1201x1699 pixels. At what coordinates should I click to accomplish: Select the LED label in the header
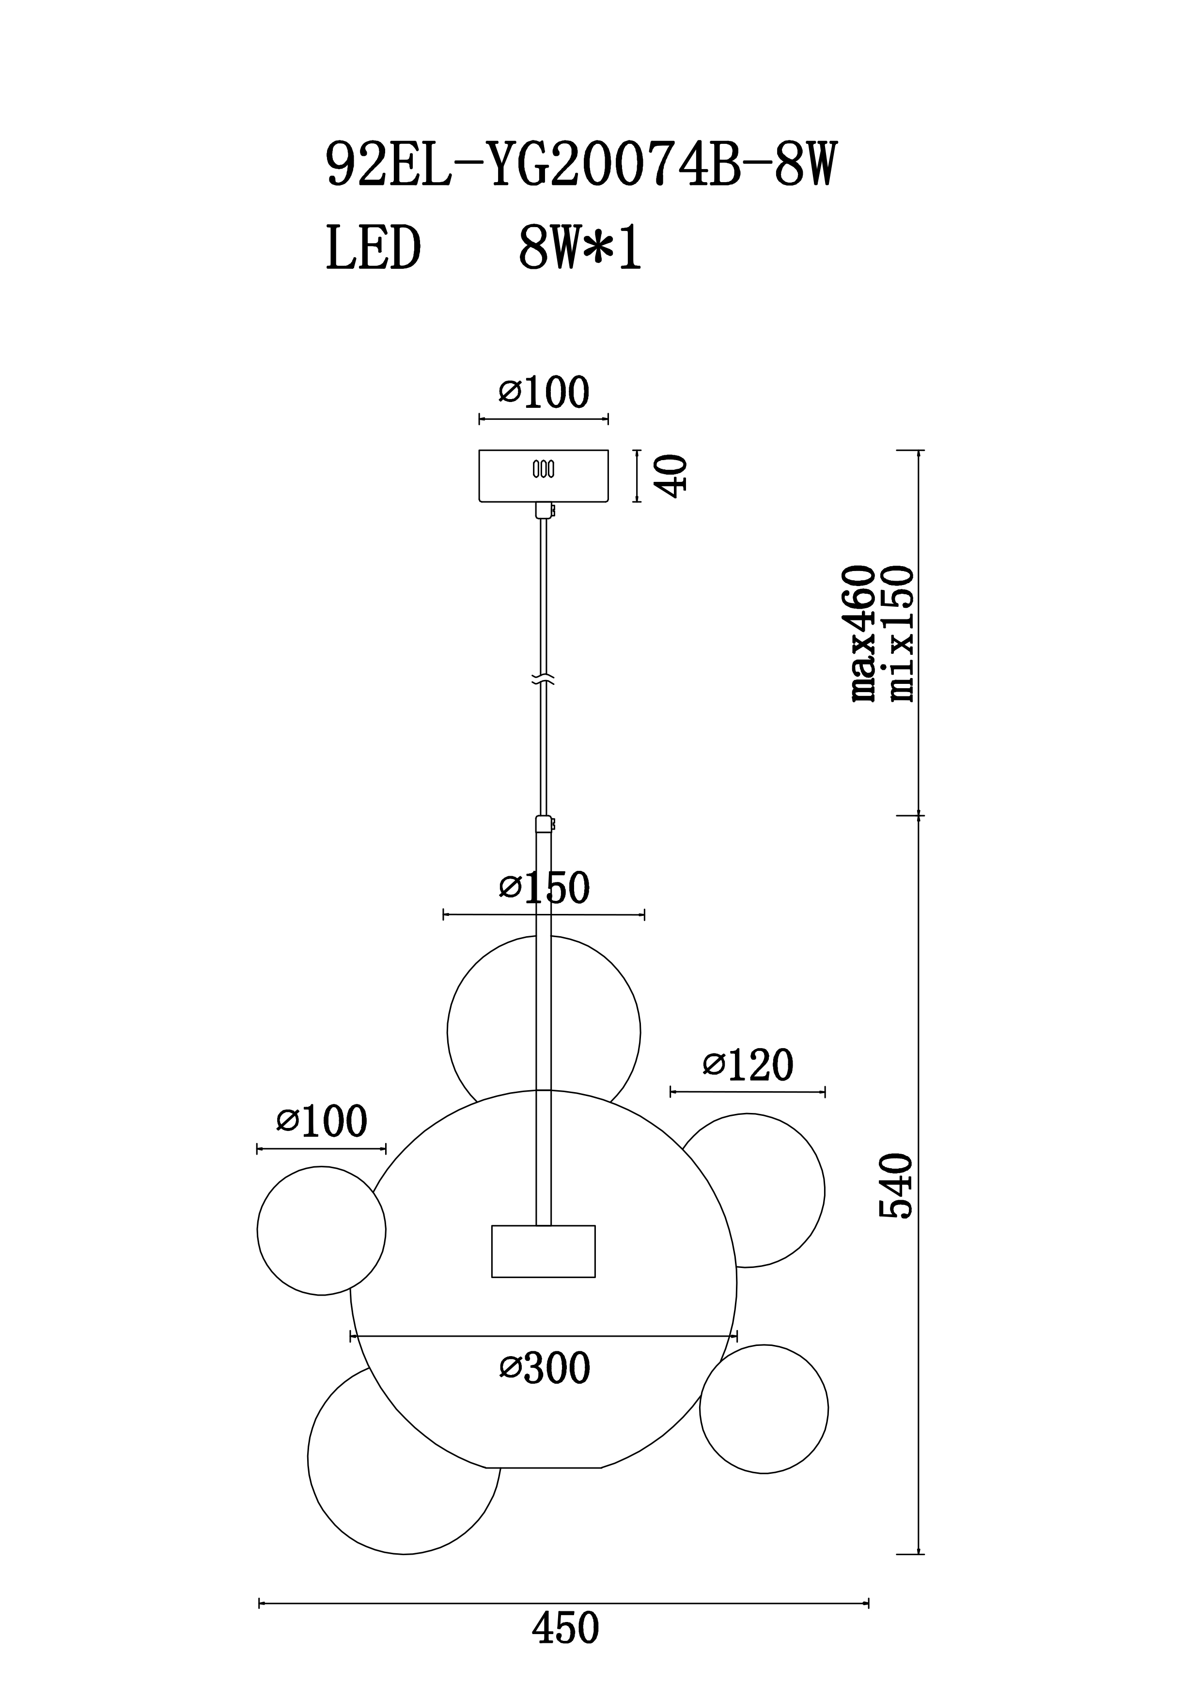point(374,248)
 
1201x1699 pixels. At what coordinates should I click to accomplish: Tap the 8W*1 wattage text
point(580,248)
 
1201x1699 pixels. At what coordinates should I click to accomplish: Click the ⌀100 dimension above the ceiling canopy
point(544,392)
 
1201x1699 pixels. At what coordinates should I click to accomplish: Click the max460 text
point(863,633)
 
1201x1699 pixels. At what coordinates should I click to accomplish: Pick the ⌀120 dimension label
point(748,1065)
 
